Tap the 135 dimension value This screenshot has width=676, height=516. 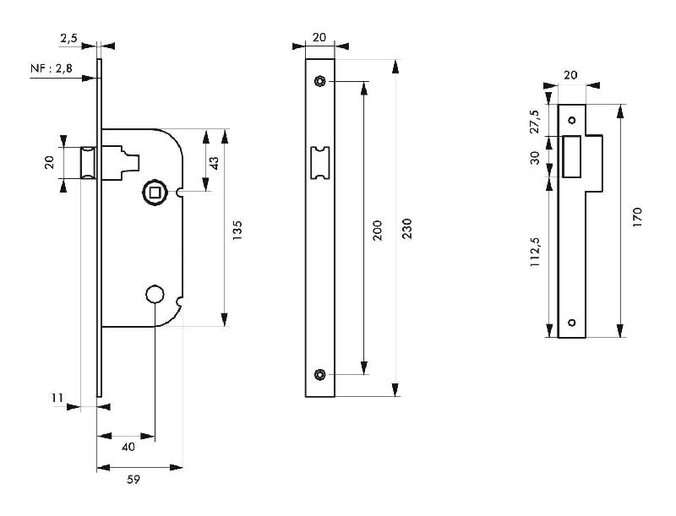coord(237,228)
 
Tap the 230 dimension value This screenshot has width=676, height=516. coord(406,228)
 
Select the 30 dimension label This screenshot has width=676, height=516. coord(534,158)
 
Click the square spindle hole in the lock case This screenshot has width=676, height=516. coord(155,193)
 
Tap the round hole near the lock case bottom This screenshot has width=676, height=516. coord(155,294)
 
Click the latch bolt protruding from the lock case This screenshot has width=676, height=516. coord(86,162)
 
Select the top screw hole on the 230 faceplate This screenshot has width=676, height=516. coord(319,81)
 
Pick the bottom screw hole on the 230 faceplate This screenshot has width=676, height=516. coord(319,374)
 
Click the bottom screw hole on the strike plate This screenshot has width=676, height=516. coord(571,322)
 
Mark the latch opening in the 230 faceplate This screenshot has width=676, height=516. coord(319,162)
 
